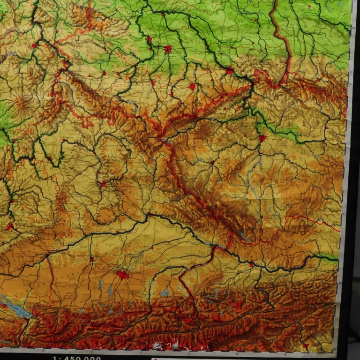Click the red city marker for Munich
pos(123,274)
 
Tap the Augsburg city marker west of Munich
pos(91,259)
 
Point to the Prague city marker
pos(262,138)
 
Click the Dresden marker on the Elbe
pos(230,71)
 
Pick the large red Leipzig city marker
pos(168,49)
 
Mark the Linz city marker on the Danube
pos(252,265)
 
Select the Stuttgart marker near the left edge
pos(8,227)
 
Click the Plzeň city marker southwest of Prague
pos(212,163)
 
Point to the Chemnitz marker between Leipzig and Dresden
pos(192,87)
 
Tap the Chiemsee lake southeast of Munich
pos(164,293)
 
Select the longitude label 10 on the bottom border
pos(43,351)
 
